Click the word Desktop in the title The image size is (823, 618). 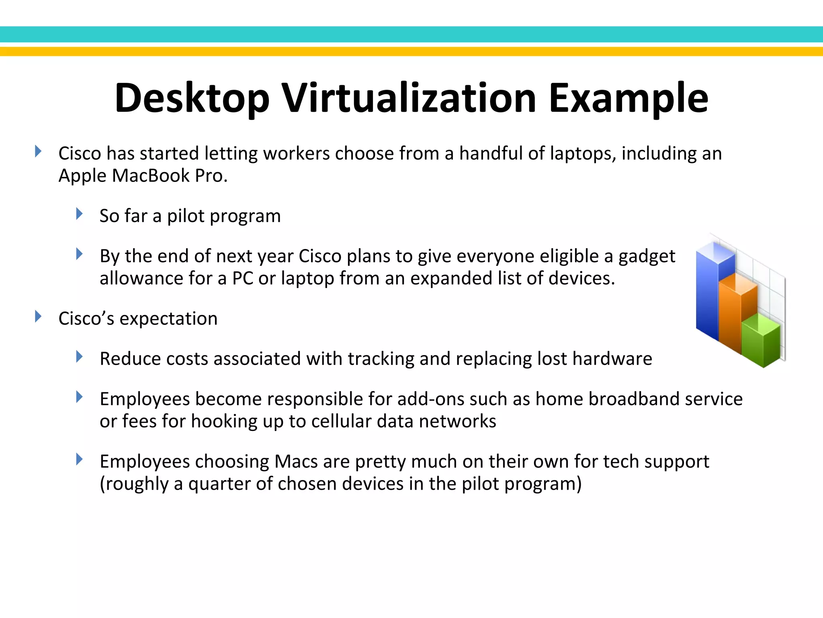(x=192, y=98)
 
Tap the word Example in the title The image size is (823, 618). (x=628, y=98)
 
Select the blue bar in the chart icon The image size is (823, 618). (x=707, y=294)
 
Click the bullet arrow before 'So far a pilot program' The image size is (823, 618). (x=79, y=214)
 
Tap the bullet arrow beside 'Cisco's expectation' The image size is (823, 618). (x=38, y=316)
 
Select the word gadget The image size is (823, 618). (x=647, y=256)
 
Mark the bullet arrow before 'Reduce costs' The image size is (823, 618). (x=79, y=356)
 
